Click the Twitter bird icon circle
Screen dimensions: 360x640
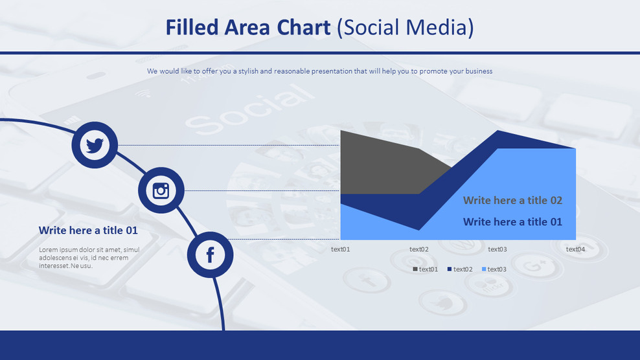(x=95, y=145)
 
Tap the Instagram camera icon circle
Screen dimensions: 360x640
(x=161, y=190)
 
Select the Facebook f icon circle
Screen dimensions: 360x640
(x=210, y=254)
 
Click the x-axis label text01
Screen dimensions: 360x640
(x=340, y=249)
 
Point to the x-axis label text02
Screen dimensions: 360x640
(x=418, y=249)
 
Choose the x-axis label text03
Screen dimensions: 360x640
(x=497, y=249)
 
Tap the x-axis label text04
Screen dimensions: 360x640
(x=575, y=249)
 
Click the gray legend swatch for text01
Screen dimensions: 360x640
(x=415, y=269)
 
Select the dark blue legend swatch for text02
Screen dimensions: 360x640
(x=450, y=269)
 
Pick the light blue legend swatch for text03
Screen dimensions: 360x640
(x=484, y=269)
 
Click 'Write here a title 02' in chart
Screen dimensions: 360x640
(x=512, y=201)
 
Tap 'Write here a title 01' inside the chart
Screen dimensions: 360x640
(x=512, y=222)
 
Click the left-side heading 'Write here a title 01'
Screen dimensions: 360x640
(x=88, y=231)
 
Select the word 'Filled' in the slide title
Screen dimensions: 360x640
(x=192, y=27)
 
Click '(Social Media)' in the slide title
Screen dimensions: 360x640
(x=406, y=27)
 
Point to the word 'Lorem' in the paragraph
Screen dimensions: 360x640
(x=49, y=250)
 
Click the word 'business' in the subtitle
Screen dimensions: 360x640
(x=477, y=71)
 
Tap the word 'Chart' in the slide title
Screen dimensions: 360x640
(x=304, y=27)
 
